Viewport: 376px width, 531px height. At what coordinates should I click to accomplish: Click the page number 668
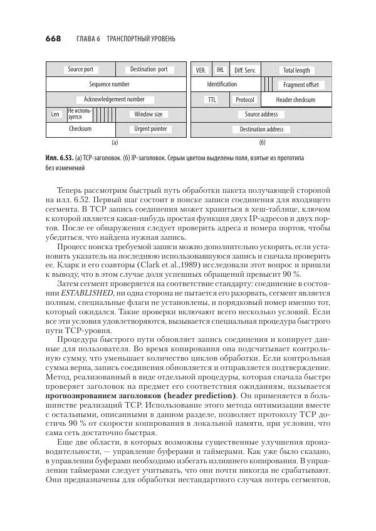(x=53, y=38)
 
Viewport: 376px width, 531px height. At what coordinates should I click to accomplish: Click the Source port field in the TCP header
(x=80, y=70)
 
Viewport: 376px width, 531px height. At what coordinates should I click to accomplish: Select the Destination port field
(x=149, y=70)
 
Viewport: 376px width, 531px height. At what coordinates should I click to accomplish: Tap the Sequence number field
(x=110, y=84)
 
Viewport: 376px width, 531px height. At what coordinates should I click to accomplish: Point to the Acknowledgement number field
(x=110, y=100)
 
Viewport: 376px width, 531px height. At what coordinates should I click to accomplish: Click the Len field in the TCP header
(x=56, y=115)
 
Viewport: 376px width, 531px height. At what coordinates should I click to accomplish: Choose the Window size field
(x=149, y=115)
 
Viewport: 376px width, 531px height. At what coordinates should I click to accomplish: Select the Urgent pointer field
(x=150, y=129)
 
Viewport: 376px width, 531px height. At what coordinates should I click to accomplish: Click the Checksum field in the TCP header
(x=80, y=129)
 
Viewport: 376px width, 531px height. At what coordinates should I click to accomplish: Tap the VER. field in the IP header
(x=201, y=70)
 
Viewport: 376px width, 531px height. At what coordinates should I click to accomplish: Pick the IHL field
(x=221, y=70)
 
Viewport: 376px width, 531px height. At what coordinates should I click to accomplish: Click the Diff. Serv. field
(x=244, y=70)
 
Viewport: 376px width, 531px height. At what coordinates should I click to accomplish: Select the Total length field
(x=296, y=70)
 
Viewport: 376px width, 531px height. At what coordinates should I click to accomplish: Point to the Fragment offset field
(x=301, y=85)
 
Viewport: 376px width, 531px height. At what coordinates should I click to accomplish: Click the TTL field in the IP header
(x=212, y=100)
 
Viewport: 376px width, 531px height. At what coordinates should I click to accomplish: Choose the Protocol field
(x=245, y=100)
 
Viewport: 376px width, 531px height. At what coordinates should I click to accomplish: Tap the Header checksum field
(x=296, y=100)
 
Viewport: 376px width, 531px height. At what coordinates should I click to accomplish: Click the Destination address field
(x=261, y=130)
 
